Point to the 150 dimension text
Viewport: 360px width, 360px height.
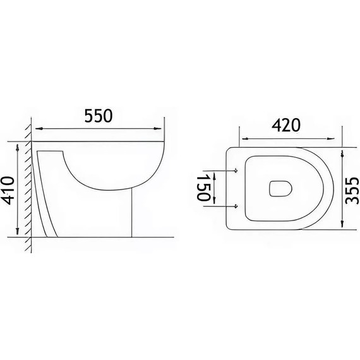click(203, 188)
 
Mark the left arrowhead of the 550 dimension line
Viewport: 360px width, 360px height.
click(36, 129)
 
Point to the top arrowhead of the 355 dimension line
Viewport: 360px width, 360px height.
click(341, 152)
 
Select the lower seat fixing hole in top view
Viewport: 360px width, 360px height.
click(235, 205)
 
